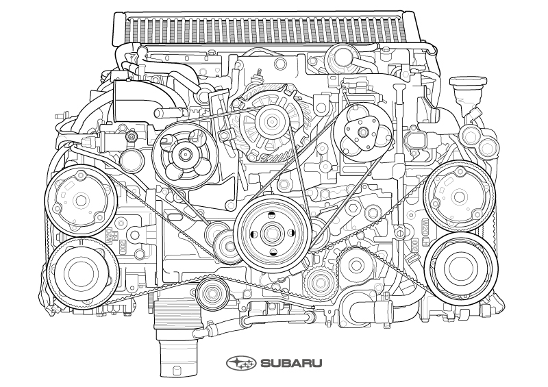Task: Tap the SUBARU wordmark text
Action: click(288, 362)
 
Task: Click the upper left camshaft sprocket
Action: click(78, 199)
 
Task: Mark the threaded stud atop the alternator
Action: click(261, 74)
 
